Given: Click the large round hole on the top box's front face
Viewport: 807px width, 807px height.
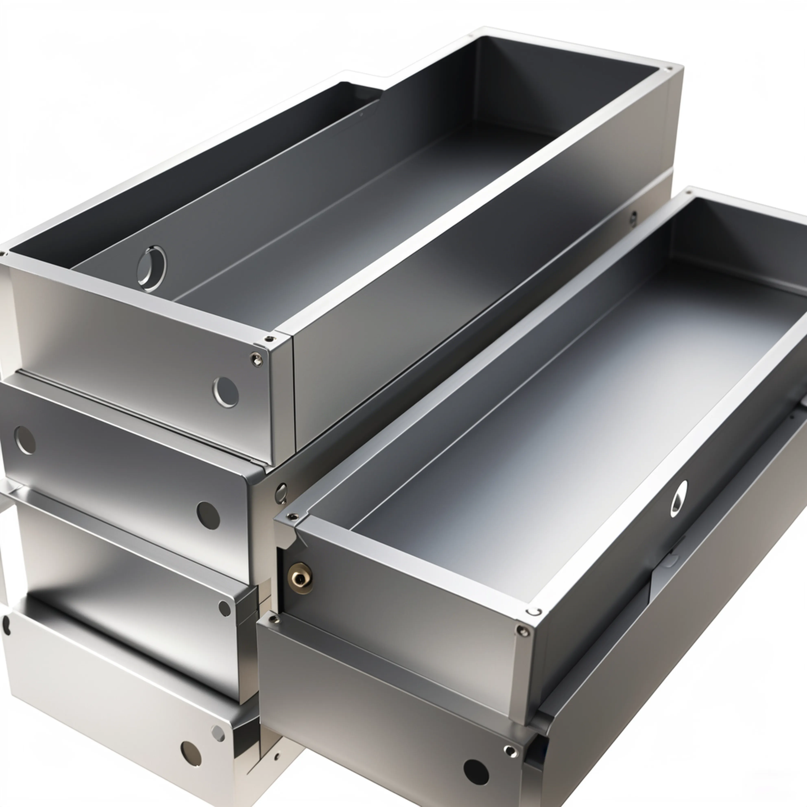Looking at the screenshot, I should click(x=226, y=392).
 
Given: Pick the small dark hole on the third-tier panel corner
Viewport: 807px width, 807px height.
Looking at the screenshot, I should click(x=224, y=608).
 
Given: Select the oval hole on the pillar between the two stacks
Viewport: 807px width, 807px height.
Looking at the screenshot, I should click(x=281, y=493).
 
